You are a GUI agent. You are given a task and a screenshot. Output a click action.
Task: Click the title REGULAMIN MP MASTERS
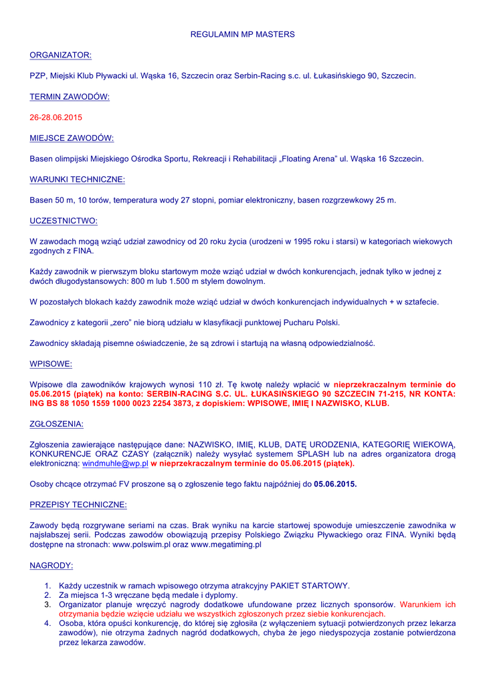click(242, 34)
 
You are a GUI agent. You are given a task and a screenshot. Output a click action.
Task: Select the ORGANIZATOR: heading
click(60, 55)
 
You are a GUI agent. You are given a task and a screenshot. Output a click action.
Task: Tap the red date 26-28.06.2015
click(56, 118)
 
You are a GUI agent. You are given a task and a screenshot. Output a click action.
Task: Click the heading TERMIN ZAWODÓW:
click(70, 97)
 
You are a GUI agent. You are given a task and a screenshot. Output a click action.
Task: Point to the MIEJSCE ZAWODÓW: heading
click(72, 138)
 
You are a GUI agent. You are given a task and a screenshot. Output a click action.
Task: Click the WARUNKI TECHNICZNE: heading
click(77, 180)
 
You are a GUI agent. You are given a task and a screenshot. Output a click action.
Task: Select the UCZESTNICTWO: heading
click(64, 220)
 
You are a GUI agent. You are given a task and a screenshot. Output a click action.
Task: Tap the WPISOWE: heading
click(51, 364)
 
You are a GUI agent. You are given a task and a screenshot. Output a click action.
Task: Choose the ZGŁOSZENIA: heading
click(57, 423)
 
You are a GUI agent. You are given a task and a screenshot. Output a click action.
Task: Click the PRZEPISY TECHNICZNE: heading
click(78, 504)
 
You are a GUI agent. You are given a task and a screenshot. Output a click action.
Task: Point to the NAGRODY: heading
click(52, 566)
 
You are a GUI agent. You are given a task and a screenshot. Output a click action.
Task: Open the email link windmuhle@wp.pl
click(115, 463)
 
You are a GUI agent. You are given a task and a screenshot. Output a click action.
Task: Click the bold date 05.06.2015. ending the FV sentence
click(335, 484)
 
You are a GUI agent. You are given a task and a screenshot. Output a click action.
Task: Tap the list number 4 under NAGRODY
click(48, 623)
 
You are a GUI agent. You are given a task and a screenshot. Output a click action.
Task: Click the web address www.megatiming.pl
click(226, 544)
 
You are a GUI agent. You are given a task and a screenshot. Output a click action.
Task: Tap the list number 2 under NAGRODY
click(48, 595)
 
